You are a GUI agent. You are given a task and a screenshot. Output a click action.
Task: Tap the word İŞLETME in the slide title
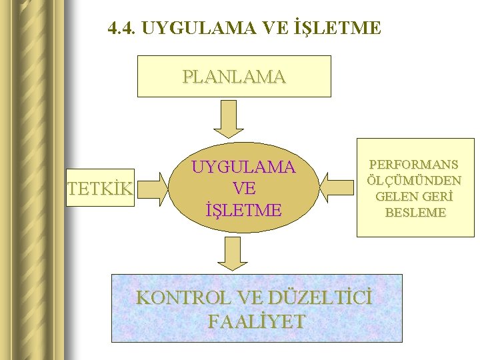[337, 29]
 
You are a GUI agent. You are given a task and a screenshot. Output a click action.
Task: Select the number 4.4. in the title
[123, 29]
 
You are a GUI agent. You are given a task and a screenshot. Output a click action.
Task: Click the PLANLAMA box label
[234, 77]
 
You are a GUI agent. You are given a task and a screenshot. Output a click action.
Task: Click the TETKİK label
[101, 189]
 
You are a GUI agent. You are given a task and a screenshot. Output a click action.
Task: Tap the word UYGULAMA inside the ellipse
[243, 167]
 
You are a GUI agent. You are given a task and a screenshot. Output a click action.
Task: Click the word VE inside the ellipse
[243, 188]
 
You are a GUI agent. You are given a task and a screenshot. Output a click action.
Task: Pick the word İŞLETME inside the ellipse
[243, 210]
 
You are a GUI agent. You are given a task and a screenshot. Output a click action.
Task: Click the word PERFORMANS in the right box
[413, 164]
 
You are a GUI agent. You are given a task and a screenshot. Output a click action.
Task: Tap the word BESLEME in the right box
[415, 213]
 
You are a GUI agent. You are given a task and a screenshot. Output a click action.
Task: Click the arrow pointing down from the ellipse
[233, 254]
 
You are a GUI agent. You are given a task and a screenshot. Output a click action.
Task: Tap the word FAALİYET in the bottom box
[257, 321]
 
